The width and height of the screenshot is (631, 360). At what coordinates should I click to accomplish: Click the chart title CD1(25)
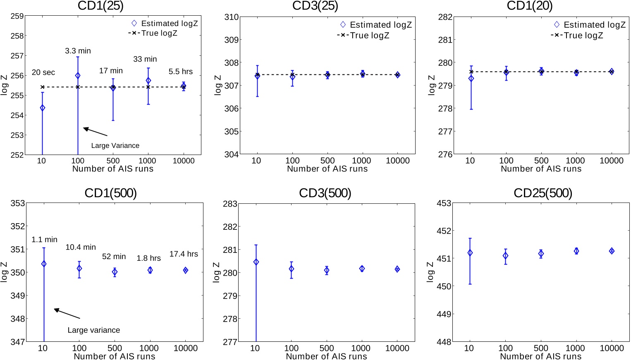[x=100, y=6]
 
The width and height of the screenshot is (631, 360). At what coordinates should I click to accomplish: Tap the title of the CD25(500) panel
[x=543, y=193]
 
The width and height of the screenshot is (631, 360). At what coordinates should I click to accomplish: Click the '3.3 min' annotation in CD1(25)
[x=78, y=51]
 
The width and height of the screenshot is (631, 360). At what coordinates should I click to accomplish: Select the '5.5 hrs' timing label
[x=181, y=72]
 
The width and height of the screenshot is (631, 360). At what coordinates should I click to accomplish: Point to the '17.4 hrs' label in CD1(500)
[x=184, y=254]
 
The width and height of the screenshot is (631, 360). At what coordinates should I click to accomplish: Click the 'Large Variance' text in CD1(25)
[x=115, y=145]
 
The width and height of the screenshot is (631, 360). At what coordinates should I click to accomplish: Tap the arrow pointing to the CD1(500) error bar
[x=67, y=314]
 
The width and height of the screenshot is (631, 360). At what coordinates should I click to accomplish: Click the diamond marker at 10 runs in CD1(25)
[x=42, y=108]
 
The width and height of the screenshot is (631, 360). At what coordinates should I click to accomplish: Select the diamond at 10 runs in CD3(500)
[x=256, y=262]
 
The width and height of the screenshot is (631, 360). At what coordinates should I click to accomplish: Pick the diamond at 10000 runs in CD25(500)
[x=612, y=251]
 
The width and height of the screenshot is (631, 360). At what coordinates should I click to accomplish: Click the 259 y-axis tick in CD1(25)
[x=17, y=16]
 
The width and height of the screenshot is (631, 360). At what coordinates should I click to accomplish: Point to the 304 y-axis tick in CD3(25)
[x=232, y=154]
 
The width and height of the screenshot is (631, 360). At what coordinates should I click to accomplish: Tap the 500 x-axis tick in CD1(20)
[x=541, y=161]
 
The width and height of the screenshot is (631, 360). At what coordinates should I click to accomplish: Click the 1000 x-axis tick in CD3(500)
[x=361, y=348]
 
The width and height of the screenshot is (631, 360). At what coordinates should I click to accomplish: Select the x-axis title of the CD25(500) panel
[x=540, y=356]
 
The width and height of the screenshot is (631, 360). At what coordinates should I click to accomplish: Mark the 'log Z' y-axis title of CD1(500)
[x=4, y=272]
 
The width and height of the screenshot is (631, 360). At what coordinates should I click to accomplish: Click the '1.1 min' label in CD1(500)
[x=44, y=240]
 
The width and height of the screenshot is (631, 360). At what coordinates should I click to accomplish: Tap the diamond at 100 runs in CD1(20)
[x=506, y=72]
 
